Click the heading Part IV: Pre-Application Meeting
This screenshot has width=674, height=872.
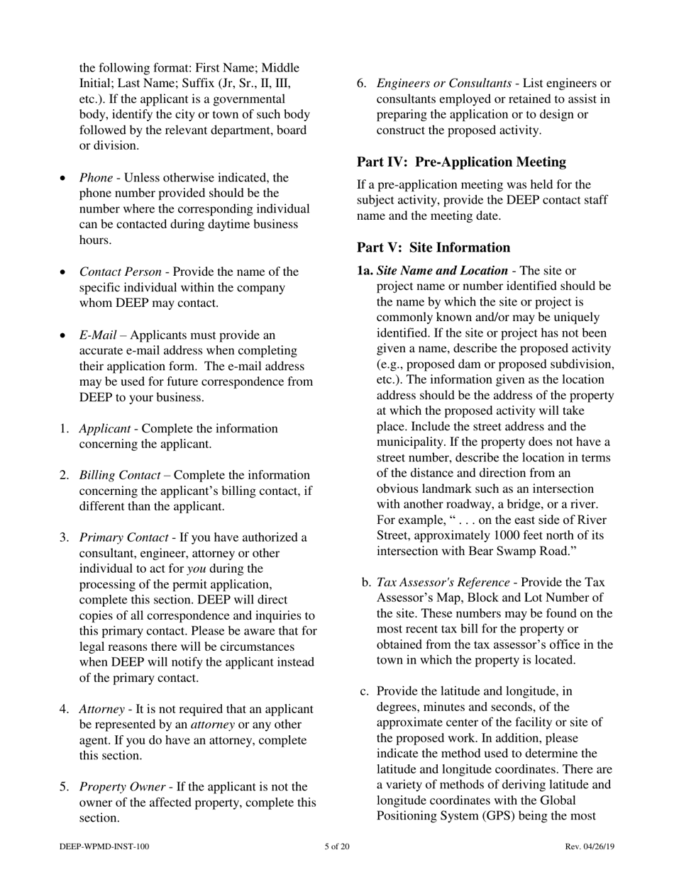click(x=461, y=162)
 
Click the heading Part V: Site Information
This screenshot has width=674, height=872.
click(x=433, y=247)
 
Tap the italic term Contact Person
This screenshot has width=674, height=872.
click(x=118, y=272)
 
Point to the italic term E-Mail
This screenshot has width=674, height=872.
click(x=98, y=335)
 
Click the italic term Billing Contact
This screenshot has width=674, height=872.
click(x=119, y=475)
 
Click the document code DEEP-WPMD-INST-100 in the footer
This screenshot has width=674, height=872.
click(x=104, y=846)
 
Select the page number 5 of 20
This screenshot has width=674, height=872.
click(x=336, y=846)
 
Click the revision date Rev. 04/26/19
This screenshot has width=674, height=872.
click(x=589, y=846)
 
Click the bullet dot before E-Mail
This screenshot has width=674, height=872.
click(x=65, y=335)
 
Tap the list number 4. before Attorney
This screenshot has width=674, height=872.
click(x=64, y=709)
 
